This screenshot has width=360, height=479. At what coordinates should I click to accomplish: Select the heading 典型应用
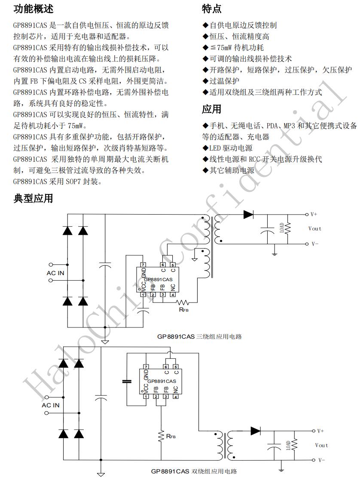(x=34, y=198)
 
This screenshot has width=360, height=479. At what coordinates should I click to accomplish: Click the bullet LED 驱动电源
(x=228, y=148)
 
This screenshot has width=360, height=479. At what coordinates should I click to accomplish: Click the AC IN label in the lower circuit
(x=51, y=405)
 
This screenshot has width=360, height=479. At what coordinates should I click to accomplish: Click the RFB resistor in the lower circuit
(x=162, y=437)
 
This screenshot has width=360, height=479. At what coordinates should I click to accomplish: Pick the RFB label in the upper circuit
(x=184, y=309)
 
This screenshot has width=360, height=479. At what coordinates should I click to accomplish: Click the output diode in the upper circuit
(x=248, y=214)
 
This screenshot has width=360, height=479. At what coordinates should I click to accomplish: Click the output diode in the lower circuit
(x=256, y=430)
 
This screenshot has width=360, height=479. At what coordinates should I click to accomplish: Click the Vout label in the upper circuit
(x=315, y=228)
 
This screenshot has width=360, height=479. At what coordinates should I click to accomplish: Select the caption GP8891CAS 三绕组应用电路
(x=199, y=337)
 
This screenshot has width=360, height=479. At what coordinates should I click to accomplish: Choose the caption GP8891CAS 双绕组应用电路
(x=194, y=471)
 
